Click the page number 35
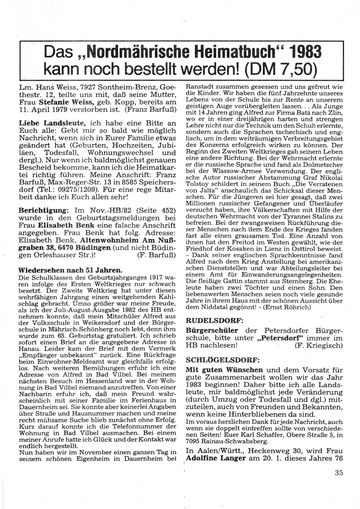[339, 473]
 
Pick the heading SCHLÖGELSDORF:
[222, 360]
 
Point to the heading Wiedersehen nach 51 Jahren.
[70, 270]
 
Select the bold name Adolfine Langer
[215, 459]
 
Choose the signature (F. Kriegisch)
[318, 345]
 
